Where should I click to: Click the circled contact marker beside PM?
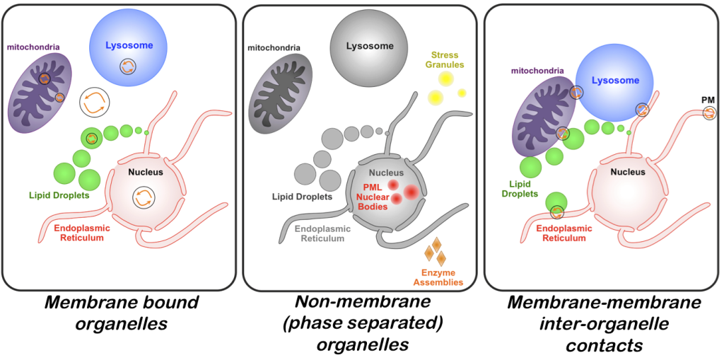tap(708, 113)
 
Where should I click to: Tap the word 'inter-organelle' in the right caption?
tap(603, 325)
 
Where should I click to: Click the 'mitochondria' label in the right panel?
tap(537, 71)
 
